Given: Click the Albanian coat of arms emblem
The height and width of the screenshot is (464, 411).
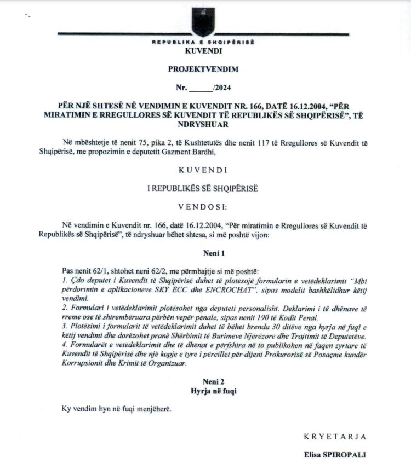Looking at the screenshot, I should pos(203,21).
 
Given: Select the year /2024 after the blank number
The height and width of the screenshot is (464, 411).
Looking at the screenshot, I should pos(222,88).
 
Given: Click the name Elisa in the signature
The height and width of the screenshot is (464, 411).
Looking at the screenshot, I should pos(315,455).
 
